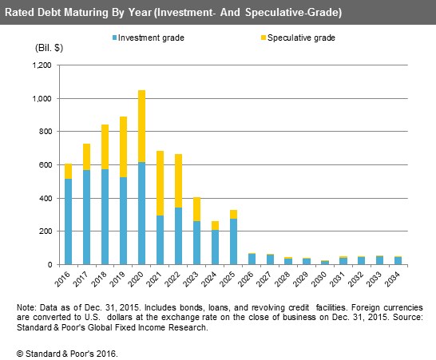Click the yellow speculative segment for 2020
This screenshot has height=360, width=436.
[141, 126]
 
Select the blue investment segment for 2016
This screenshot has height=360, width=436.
[68, 222]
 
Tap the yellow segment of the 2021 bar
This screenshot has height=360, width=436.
[160, 184]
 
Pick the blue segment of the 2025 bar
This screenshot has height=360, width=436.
[233, 242]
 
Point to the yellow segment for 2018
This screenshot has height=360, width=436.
[105, 147]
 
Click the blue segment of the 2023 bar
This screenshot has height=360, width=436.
[196, 243]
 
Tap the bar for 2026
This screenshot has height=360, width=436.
[252, 259]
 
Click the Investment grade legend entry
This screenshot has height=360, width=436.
[149, 38]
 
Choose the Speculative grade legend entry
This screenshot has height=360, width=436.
[298, 38]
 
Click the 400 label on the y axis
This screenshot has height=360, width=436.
[46, 199]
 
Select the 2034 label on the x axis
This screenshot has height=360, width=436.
[392, 279]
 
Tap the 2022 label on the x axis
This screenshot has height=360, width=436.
[172, 279]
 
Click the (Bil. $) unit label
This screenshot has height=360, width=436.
[49, 48]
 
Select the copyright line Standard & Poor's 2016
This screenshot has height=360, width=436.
[67, 354]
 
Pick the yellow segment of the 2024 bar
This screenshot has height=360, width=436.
[215, 225]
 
